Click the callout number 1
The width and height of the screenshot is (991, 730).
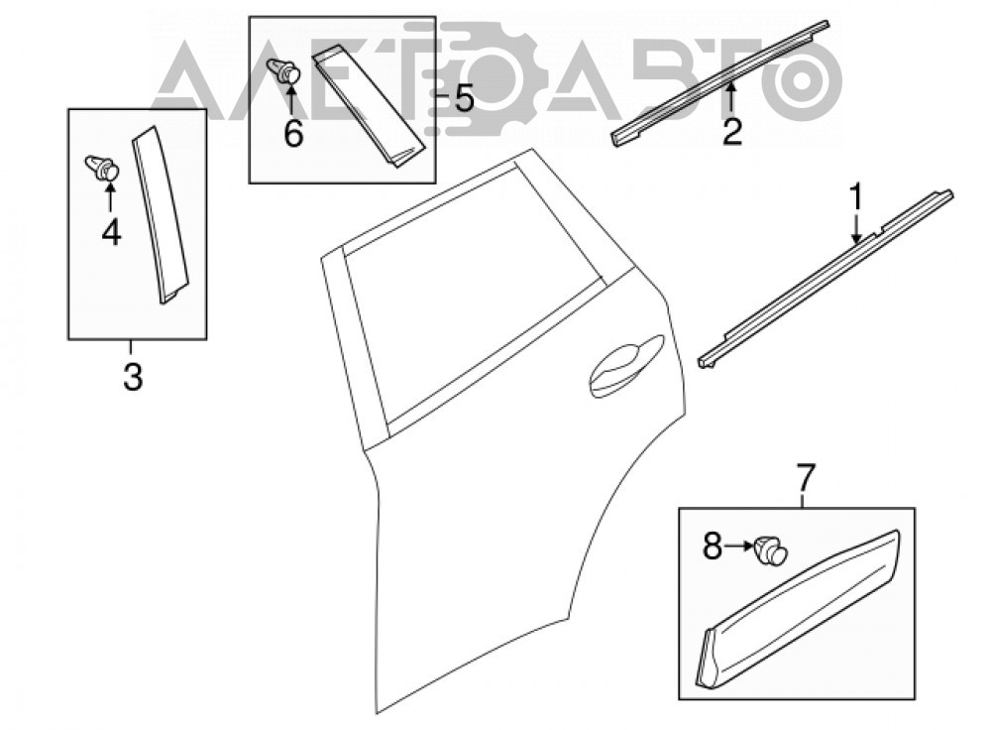856,198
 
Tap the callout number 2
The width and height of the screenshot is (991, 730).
732,132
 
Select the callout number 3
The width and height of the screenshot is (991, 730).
133,377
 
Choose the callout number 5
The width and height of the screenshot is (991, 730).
465,98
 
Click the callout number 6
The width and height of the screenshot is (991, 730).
293,134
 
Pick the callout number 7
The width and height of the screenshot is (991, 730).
806,478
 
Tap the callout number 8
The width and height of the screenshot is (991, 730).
713,546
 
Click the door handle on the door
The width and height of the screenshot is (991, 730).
625,368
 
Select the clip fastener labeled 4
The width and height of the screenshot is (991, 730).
103,168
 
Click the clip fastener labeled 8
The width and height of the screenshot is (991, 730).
770,549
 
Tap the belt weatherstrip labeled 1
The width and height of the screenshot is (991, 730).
826,279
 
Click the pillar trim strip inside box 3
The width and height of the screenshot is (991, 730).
161,215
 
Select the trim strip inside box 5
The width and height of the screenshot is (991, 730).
369,106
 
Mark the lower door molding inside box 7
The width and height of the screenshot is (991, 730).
799,609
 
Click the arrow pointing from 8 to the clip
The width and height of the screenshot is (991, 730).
738,546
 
